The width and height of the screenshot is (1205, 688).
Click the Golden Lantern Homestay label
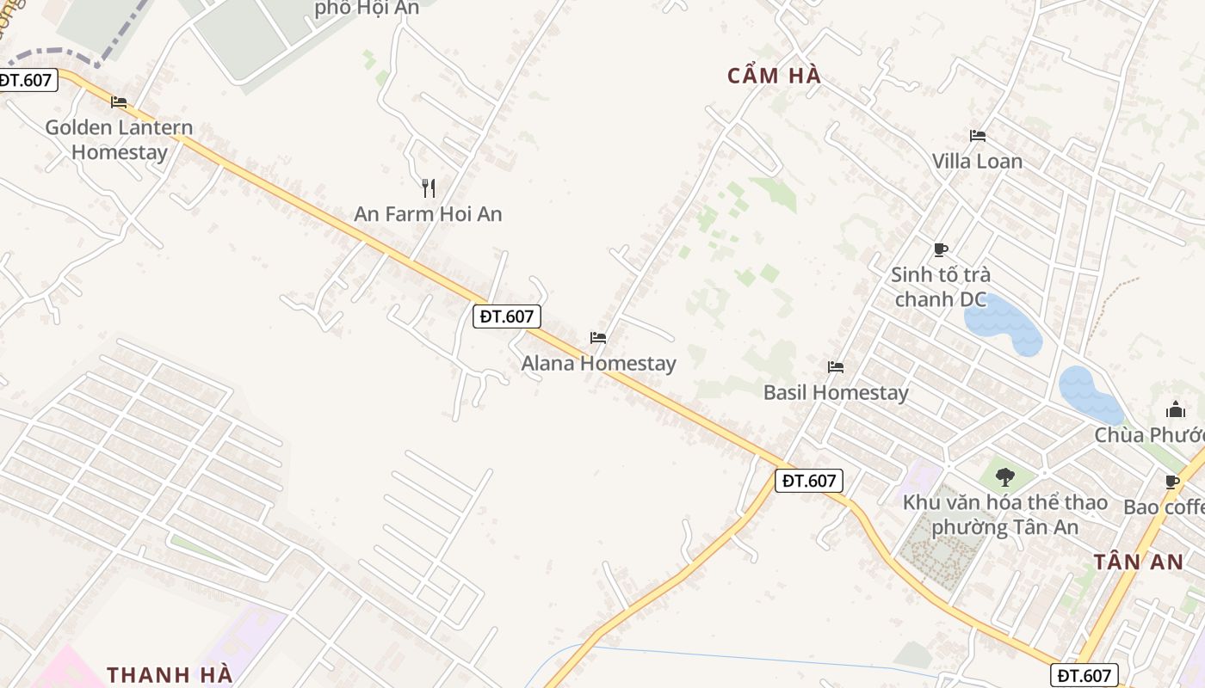tap(119, 139)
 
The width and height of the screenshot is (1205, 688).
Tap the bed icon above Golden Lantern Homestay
tap(119, 102)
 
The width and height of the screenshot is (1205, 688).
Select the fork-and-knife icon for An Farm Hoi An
tap(429, 187)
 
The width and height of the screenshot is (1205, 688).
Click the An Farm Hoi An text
tap(428, 214)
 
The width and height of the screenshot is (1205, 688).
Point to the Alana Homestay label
tap(598, 364)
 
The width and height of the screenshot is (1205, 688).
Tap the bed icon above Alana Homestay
tap(598, 338)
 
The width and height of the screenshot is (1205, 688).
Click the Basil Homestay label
tap(836, 393)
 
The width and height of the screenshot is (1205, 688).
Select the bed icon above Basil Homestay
tap(836, 367)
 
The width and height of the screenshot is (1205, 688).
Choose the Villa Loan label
tap(977, 162)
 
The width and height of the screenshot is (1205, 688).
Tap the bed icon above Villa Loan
tap(977, 136)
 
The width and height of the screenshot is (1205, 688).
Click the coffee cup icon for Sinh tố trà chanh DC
tap(941, 249)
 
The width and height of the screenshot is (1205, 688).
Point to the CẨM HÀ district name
tap(774, 77)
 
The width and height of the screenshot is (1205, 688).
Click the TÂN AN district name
tap(1138, 562)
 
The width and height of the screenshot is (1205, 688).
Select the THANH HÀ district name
tap(170, 674)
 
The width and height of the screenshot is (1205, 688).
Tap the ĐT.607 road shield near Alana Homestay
tap(507, 316)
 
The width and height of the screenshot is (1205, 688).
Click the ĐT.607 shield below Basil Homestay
tap(808, 481)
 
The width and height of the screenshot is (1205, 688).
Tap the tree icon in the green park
tap(1004, 476)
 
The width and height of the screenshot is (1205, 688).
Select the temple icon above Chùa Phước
tap(1176, 409)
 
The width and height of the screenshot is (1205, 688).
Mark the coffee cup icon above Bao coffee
tap(1171, 482)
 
